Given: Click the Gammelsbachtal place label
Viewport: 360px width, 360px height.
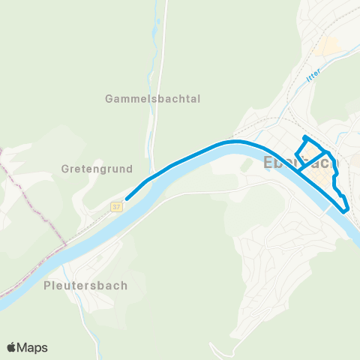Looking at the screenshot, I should pos(154,98).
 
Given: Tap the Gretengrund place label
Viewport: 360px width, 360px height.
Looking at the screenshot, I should pos(97,168).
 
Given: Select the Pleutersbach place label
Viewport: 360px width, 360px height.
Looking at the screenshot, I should pos(85,285).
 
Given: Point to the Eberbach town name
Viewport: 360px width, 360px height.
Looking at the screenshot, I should pos(301,163).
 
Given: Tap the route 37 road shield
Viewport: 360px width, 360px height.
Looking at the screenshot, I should pos(116,205).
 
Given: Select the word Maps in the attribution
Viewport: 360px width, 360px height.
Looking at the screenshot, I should pos(34,347).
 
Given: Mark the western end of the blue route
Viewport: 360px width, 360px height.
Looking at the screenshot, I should pos(126,199).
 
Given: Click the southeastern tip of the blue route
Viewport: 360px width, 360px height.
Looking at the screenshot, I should pos(346,212).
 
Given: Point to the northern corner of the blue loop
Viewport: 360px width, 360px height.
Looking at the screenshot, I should pos(304,137).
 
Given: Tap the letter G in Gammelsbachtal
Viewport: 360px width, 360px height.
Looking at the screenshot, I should pos(110,98).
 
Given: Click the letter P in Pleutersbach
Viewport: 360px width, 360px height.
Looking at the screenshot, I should pos(48,285).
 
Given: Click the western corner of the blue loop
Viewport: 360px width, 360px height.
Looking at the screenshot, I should pos(296,155).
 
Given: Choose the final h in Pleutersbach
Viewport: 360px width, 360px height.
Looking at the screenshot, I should pos(123,285).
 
